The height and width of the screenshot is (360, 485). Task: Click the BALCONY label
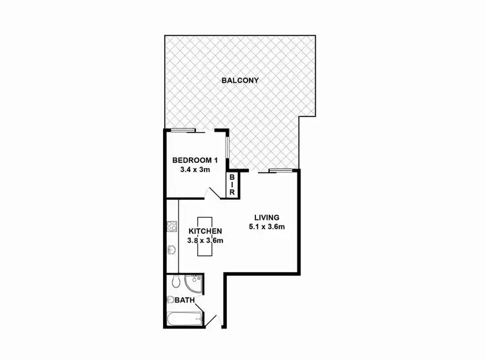point(240,81)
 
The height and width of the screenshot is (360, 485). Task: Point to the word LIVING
point(266,217)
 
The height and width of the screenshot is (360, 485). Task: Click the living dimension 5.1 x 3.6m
point(266,227)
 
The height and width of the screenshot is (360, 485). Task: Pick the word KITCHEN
point(206,231)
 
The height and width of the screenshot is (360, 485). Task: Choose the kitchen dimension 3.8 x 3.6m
point(206,241)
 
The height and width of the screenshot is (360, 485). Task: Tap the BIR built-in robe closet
point(232,185)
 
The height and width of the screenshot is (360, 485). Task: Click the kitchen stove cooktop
point(172,226)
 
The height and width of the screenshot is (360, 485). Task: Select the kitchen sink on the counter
point(172,250)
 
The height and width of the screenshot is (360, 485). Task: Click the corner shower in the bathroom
point(194,283)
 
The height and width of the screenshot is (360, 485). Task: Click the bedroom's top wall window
point(183,131)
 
